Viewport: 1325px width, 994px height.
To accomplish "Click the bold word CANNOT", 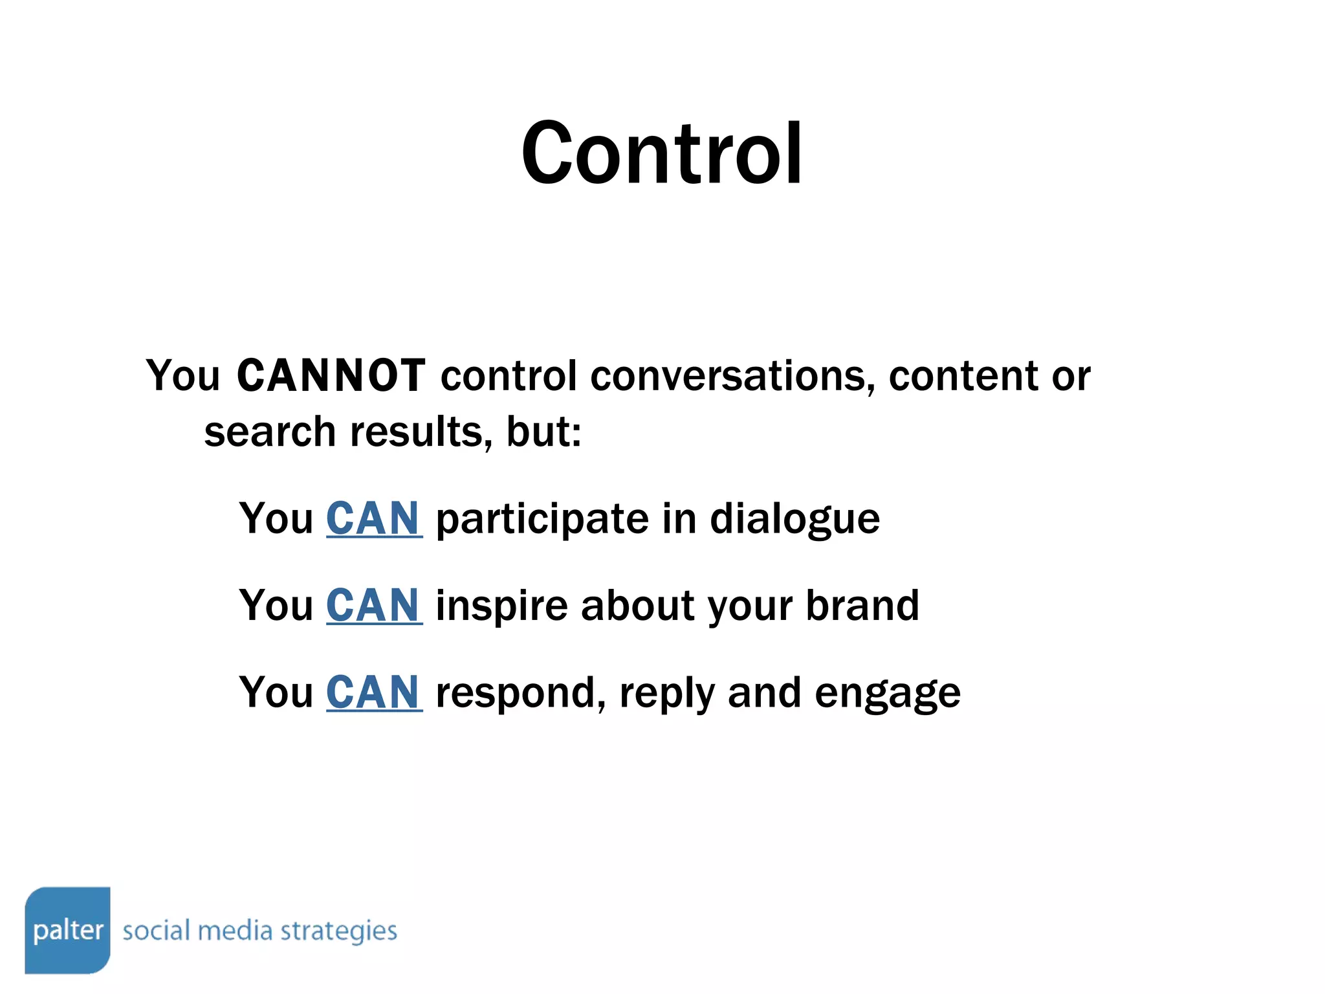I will (x=331, y=375).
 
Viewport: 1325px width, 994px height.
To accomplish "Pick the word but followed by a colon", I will (x=542, y=432).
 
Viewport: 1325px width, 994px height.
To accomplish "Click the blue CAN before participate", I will (x=374, y=518).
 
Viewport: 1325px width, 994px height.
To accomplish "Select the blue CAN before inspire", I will (x=374, y=605).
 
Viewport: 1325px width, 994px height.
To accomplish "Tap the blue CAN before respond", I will (x=374, y=692).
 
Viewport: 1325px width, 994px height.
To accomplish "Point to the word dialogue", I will (x=794, y=520).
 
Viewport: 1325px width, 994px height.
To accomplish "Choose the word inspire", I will (x=501, y=606).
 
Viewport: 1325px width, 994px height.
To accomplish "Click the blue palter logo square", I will (x=68, y=930).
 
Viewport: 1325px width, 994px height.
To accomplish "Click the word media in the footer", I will (x=235, y=931).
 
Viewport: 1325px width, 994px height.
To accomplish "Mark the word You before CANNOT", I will (x=183, y=375).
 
